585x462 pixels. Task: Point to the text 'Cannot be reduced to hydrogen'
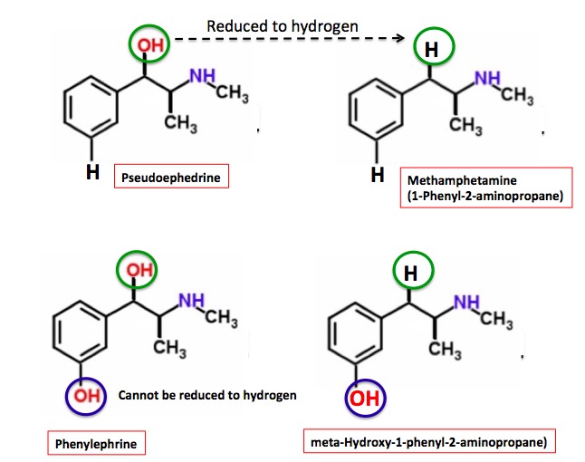click(x=207, y=395)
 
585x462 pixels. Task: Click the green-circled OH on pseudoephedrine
click(x=144, y=43)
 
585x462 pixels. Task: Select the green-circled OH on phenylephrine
click(x=138, y=268)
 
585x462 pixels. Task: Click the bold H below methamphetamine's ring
click(x=378, y=173)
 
